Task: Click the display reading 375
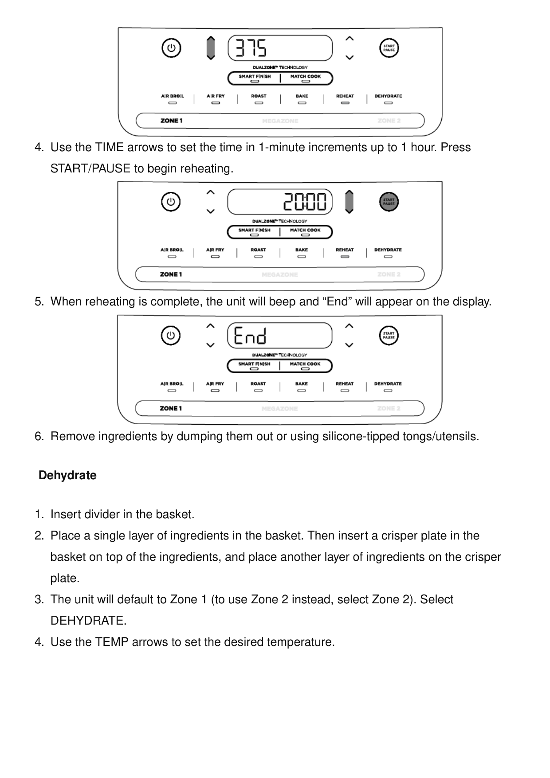pyautogui.click(x=279, y=48)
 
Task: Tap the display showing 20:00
pyautogui.click(x=279, y=202)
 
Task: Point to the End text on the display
pyautogui.click(x=250, y=336)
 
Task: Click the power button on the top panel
pyautogui.click(x=171, y=48)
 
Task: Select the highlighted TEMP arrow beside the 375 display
pyautogui.click(x=211, y=48)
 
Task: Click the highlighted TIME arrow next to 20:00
pyautogui.click(x=349, y=202)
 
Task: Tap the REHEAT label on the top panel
pyautogui.click(x=345, y=96)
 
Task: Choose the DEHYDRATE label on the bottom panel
pyautogui.click(x=388, y=384)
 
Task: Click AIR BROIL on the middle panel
pyautogui.click(x=172, y=250)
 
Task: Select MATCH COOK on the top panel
pyautogui.click(x=306, y=77)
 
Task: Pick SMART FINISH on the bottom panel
pyautogui.click(x=254, y=364)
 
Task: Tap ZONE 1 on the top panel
pyautogui.click(x=172, y=121)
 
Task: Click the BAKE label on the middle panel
pyautogui.click(x=302, y=250)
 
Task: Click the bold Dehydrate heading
pyautogui.click(x=67, y=476)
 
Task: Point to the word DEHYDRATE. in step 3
pyautogui.click(x=88, y=621)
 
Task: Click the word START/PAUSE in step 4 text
pyautogui.click(x=90, y=169)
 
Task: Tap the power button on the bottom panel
pyautogui.click(x=171, y=336)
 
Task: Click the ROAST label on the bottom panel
pyautogui.click(x=258, y=384)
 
